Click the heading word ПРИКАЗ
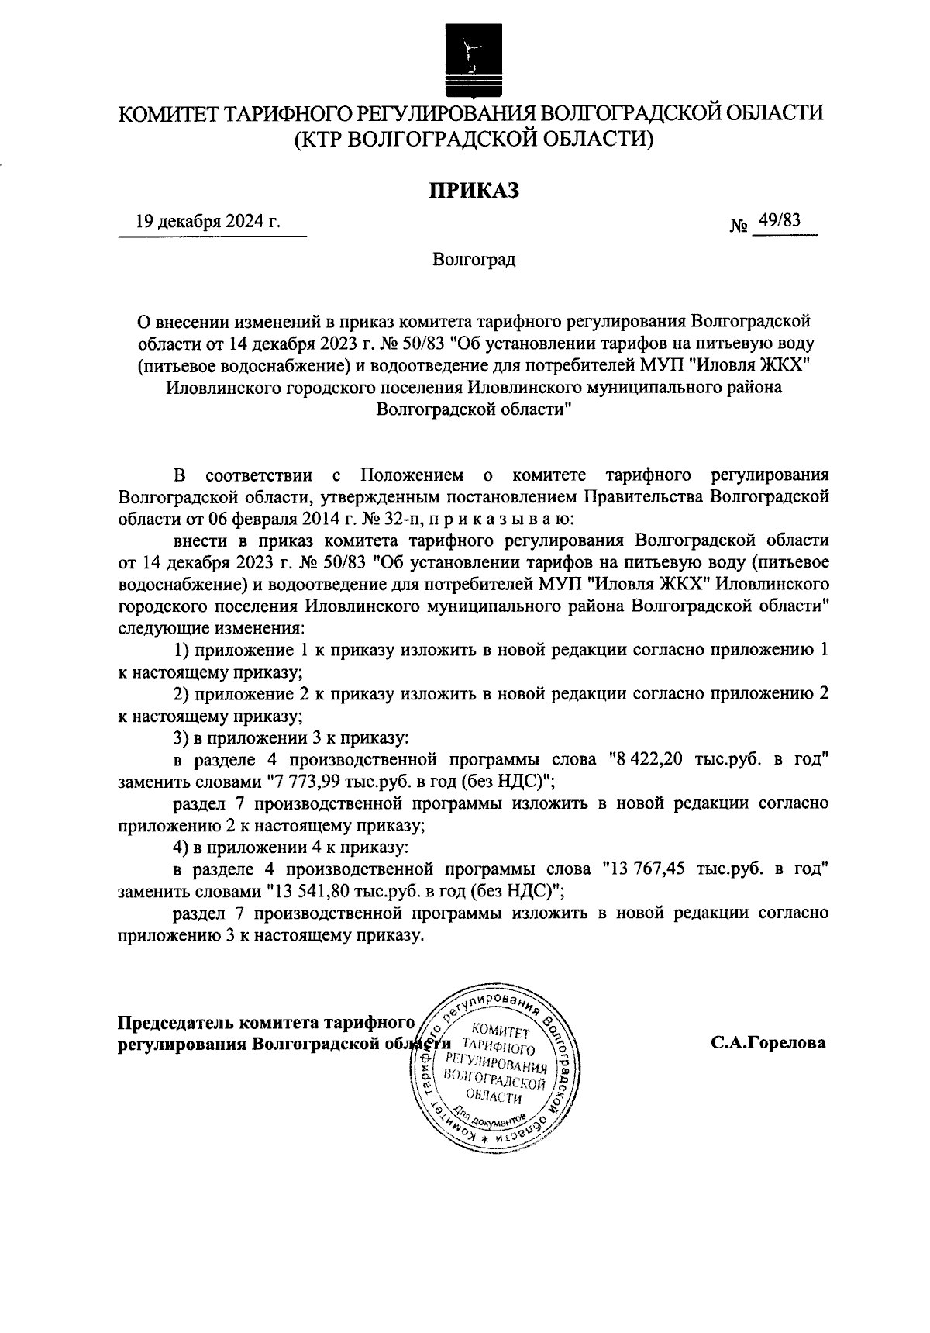click(x=474, y=189)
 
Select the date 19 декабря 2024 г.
click(x=208, y=222)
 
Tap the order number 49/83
click(x=779, y=220)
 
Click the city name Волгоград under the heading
click(x=474, y=260)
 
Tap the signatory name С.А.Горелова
click(x=769, y=1043)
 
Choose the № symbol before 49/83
click(x=739, y=226)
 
